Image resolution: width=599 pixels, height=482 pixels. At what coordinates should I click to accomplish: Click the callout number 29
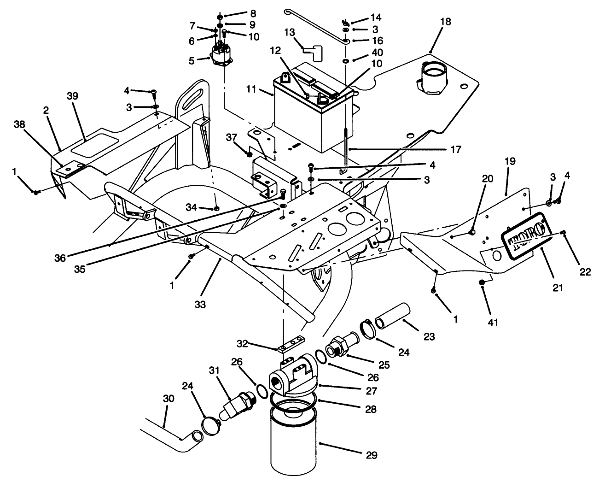pos(372,455)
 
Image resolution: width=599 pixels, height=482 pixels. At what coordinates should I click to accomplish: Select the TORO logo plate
pos(525,239)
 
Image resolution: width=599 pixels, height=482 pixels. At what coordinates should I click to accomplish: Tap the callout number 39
pos(72,96)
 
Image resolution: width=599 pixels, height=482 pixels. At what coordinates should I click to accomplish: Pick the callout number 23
pos(429,337)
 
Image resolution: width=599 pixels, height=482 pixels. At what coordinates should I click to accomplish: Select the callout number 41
pos(493,323)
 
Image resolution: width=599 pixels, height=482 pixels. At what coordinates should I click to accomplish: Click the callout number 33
pos(200,304)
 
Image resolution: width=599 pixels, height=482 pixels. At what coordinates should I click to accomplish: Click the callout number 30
pos(169,399)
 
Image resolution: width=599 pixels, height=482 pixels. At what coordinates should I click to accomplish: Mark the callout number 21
pos(558,288)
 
